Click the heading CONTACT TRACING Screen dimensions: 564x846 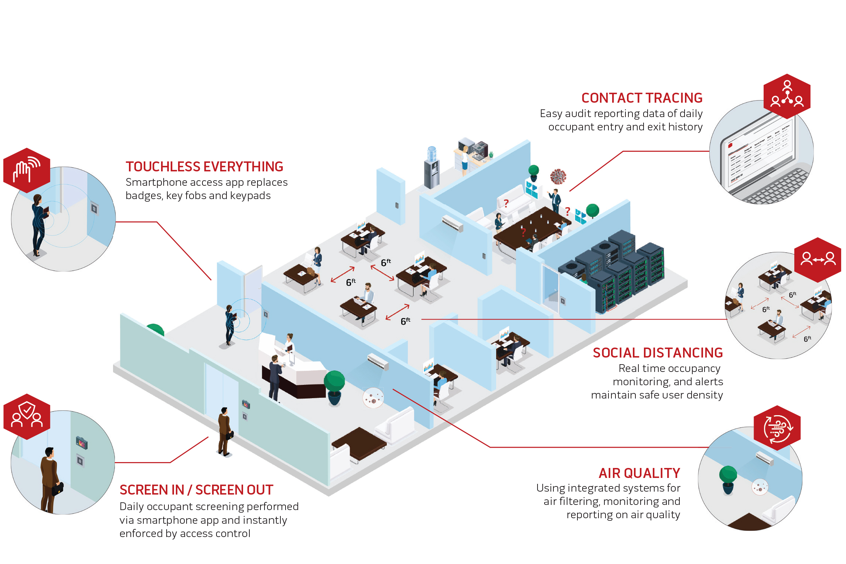[642, 98]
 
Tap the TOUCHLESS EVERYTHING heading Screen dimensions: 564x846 [204, 167]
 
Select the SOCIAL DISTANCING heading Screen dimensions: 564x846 [658, 353]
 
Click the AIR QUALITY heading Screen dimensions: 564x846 [639, 474]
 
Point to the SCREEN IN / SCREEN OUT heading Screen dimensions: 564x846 [196, 490]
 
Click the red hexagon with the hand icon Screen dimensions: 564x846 [27, 171]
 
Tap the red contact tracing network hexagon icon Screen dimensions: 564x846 [787, 96]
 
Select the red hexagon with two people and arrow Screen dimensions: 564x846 [818, 260]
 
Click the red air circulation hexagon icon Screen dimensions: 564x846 [777, 428]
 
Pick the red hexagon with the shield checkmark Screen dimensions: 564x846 [27, 417]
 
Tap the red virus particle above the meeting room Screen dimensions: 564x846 [558, 177]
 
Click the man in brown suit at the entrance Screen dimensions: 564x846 [224, 431]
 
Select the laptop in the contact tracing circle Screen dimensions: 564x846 [761, 159]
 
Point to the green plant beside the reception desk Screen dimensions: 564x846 [334, 387]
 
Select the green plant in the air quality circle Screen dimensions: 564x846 [728, 479]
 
